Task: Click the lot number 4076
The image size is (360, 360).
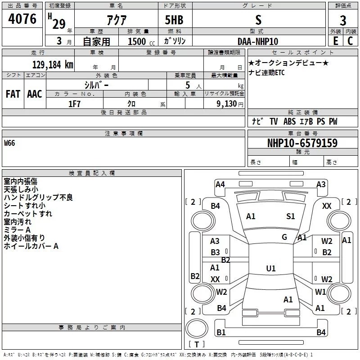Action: pyautogui.click(x=22, y=19)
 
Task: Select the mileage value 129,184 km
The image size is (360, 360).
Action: pyautogui.click(x=53, y=64)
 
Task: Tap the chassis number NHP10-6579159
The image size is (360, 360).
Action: pyautogui.click(x=302, y=143)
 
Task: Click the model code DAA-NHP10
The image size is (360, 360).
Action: pyautogui.click(x=258, y=41)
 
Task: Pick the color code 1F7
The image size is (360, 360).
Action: pyautogui.click(x=75, y=103)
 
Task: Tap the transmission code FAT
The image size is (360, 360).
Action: pyautogui.click(x=13, y=94)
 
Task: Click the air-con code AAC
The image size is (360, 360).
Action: pyautogui.click(x=35, y=94)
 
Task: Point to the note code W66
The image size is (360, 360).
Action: pyautogui.click(x=9, y=144)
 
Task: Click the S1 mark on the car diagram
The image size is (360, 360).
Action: pyautogui.click(x=291, y=216)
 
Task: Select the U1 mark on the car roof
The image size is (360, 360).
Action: pyautogui.click(x=270, y=269)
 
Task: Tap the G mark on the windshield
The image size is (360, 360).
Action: pyautogui.click(x=284, y=237)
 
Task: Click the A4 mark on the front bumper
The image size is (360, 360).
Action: pyautogui.click(x=220, y=184)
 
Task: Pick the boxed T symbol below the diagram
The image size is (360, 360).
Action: pyautogui.click(x=196, y=345)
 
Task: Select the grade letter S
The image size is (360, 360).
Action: pyautogui.click(x=258, y=20)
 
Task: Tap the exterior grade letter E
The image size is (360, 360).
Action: pyautogui.click(x=335, y=41)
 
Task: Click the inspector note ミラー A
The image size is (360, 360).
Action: pyautogui.click(x=17, y=230)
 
